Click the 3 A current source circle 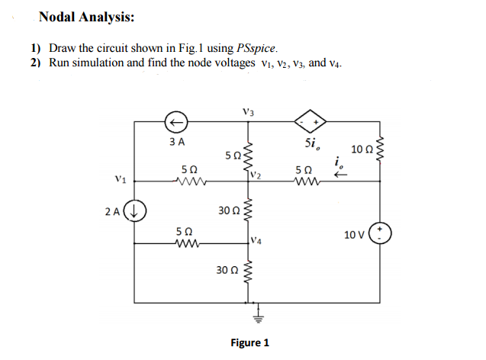click(176, 121)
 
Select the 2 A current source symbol click(136, 209)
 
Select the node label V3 click(246, 112)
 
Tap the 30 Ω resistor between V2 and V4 click(246, 211)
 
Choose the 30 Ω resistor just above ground click(246, 272)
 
